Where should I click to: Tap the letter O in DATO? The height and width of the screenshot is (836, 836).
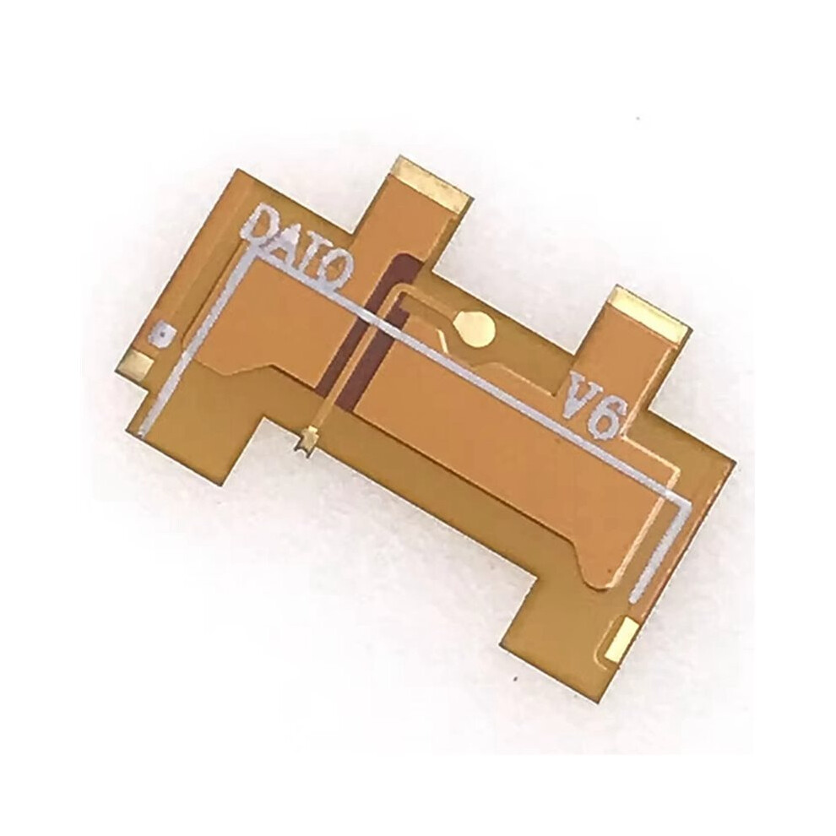[338, 272]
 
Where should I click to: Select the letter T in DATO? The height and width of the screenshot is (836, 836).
[313, 259]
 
